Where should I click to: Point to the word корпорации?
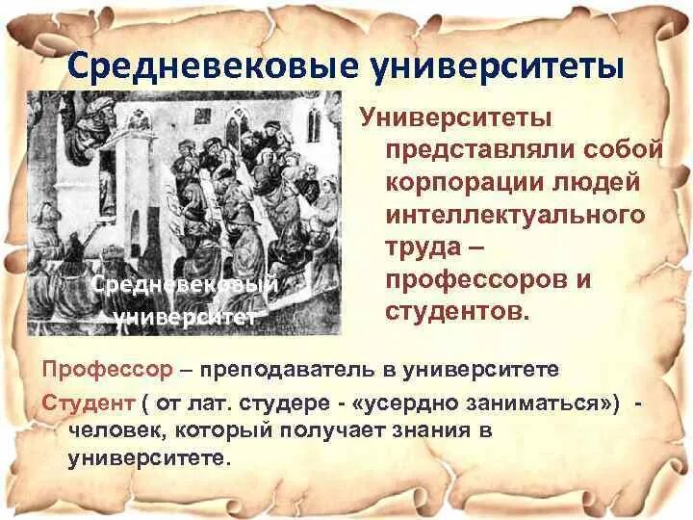466,183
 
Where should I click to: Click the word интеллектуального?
515,216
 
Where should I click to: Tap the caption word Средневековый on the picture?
183,285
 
